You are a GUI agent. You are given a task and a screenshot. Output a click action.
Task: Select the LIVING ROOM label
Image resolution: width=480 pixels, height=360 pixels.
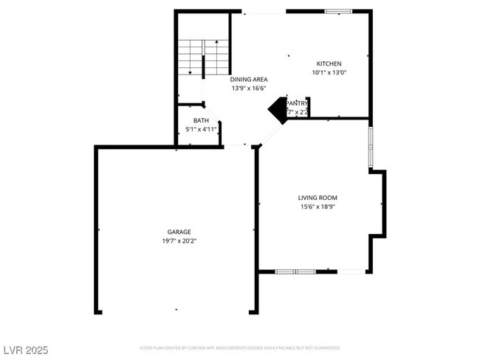click(318, 198)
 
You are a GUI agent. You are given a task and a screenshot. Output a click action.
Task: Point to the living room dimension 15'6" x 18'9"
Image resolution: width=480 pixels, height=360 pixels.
click(318, 207)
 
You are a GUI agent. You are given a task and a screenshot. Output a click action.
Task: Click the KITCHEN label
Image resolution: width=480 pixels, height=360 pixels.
click(329, 63)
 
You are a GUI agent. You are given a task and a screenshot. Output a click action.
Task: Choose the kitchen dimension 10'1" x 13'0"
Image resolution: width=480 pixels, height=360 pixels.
click(329, 72)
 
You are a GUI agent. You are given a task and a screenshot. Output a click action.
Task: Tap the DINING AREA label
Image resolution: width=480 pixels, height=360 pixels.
click(248, 79)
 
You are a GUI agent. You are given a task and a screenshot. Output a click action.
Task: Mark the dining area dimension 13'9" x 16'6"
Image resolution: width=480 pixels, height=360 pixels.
click(248, 88)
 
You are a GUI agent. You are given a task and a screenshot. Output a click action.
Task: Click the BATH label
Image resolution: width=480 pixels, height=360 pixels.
click(201, 120)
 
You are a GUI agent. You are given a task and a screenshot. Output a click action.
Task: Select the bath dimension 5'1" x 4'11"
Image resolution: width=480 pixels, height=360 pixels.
click(201, 129)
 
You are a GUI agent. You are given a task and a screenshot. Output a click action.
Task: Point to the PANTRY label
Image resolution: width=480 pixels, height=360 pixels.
click(297, 103)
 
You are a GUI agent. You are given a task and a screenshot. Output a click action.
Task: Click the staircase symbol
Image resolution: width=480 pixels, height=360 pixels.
click(202, 58)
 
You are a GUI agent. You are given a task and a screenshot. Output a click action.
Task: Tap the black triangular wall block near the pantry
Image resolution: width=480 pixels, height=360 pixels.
click(278, 110)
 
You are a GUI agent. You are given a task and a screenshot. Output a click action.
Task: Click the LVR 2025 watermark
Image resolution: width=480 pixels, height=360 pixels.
click(26, 349)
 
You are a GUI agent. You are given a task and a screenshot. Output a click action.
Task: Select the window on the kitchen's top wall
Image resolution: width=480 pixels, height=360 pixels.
click(339, 11)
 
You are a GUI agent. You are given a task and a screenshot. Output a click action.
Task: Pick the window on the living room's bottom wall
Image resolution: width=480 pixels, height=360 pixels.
click(295, 271)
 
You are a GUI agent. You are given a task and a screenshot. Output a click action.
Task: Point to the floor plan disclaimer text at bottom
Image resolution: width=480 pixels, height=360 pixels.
click(240, 347)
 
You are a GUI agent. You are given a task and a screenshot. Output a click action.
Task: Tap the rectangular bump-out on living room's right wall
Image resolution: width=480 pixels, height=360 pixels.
click(378, 204)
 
